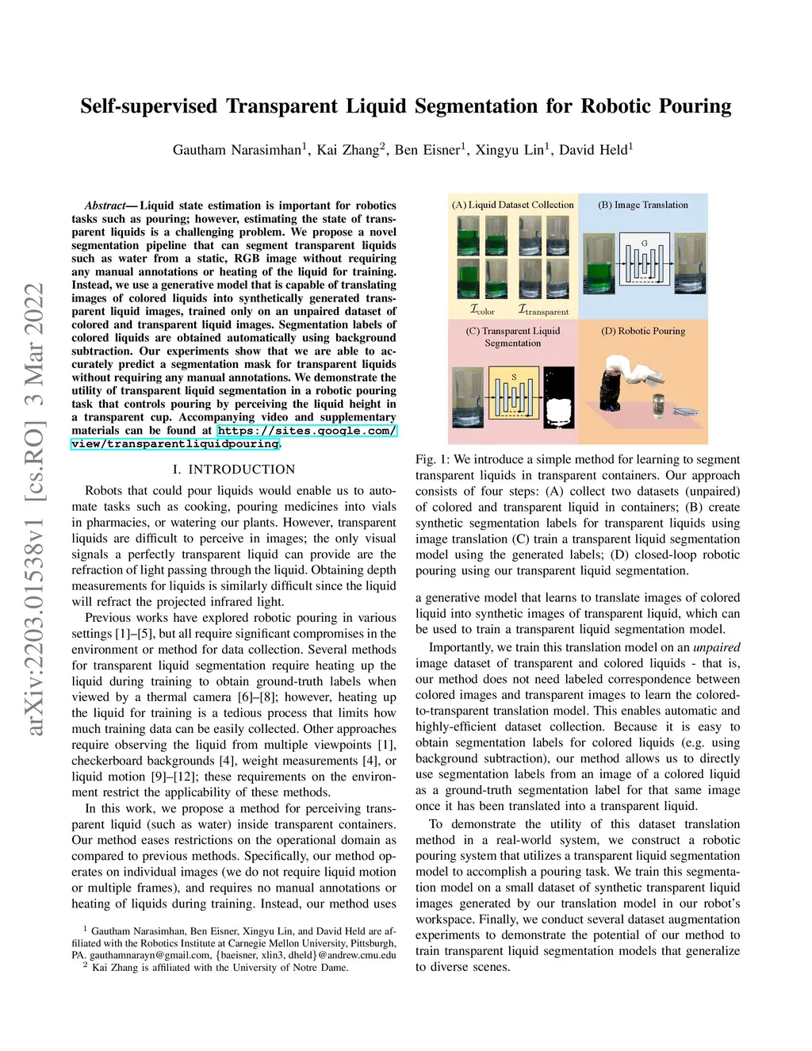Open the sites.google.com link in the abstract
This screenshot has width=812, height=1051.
pos(307,431)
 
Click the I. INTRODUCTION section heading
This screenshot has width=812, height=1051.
pos(234,470)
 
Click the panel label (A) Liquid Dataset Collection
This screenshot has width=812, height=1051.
pos(513,205)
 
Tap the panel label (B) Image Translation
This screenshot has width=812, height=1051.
pos(643,205)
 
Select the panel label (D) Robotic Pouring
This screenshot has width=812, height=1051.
pos(643,331)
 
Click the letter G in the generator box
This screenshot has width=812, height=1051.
pos(644,244)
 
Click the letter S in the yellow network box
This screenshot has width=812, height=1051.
pos(514,378)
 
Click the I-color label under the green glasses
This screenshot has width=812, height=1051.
pos(482,311)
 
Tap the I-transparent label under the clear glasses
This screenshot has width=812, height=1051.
pos(543,311)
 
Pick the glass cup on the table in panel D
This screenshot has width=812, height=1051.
pos(658,405)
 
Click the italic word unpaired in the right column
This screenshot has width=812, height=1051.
pos(716,647)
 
